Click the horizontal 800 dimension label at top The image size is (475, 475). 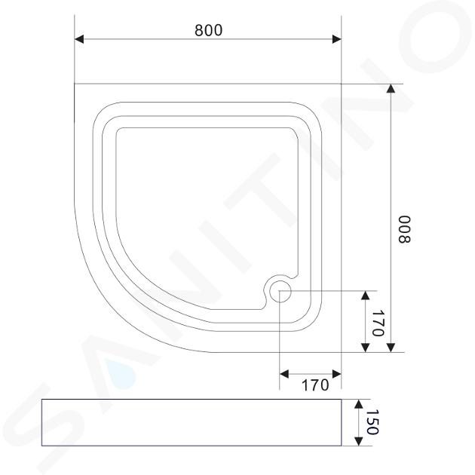point(208,30)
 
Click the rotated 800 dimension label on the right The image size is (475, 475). point(404,229)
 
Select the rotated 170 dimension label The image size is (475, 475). point(378,323)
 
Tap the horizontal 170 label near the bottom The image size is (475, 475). point(315,385)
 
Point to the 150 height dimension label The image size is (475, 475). point(372,422)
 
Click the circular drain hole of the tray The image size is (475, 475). point(280,291)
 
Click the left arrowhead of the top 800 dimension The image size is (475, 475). point(79,39)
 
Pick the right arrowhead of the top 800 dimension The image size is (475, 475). point(336,39)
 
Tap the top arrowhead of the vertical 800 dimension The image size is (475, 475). point(391,88)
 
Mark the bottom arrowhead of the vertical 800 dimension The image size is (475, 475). point(391,348)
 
